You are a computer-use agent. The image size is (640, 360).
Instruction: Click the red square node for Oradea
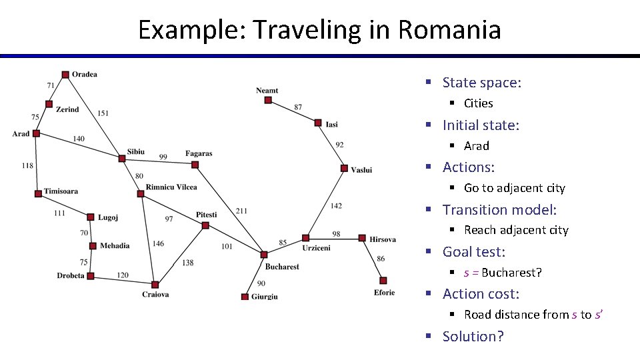(65, 75)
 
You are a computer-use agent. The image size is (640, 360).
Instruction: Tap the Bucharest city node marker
(264, 255)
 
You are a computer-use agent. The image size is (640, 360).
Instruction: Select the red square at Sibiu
(121, 159)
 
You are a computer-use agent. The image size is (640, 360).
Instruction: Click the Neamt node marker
(268, 101)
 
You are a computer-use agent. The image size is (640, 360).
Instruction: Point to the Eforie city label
(384, 293)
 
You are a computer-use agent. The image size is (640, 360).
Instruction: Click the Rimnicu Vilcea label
(171, 187)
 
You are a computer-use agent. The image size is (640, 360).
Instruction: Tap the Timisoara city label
(61, 191)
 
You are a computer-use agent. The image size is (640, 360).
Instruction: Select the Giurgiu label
(265, 297)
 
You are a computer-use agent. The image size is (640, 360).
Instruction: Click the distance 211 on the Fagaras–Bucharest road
(241, 211)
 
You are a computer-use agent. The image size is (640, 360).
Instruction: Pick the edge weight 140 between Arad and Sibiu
(79, 139)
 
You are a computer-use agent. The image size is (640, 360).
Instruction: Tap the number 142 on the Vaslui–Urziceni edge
(336, 206)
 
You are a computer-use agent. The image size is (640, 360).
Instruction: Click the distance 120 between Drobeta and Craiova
(123, 275)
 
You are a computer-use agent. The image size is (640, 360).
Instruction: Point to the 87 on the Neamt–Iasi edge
(297, 107)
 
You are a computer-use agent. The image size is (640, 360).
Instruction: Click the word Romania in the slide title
(449, 30)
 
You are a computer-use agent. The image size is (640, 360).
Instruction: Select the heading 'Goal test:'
(473, 251)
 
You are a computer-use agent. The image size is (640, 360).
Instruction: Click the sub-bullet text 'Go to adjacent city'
(514, 188)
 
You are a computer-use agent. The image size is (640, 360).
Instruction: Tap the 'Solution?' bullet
(473, 336)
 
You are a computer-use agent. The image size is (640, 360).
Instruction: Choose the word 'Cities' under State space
(478, 103)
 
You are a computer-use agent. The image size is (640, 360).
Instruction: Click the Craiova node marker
(155, 285)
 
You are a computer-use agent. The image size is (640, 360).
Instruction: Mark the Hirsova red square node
(362, 238)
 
